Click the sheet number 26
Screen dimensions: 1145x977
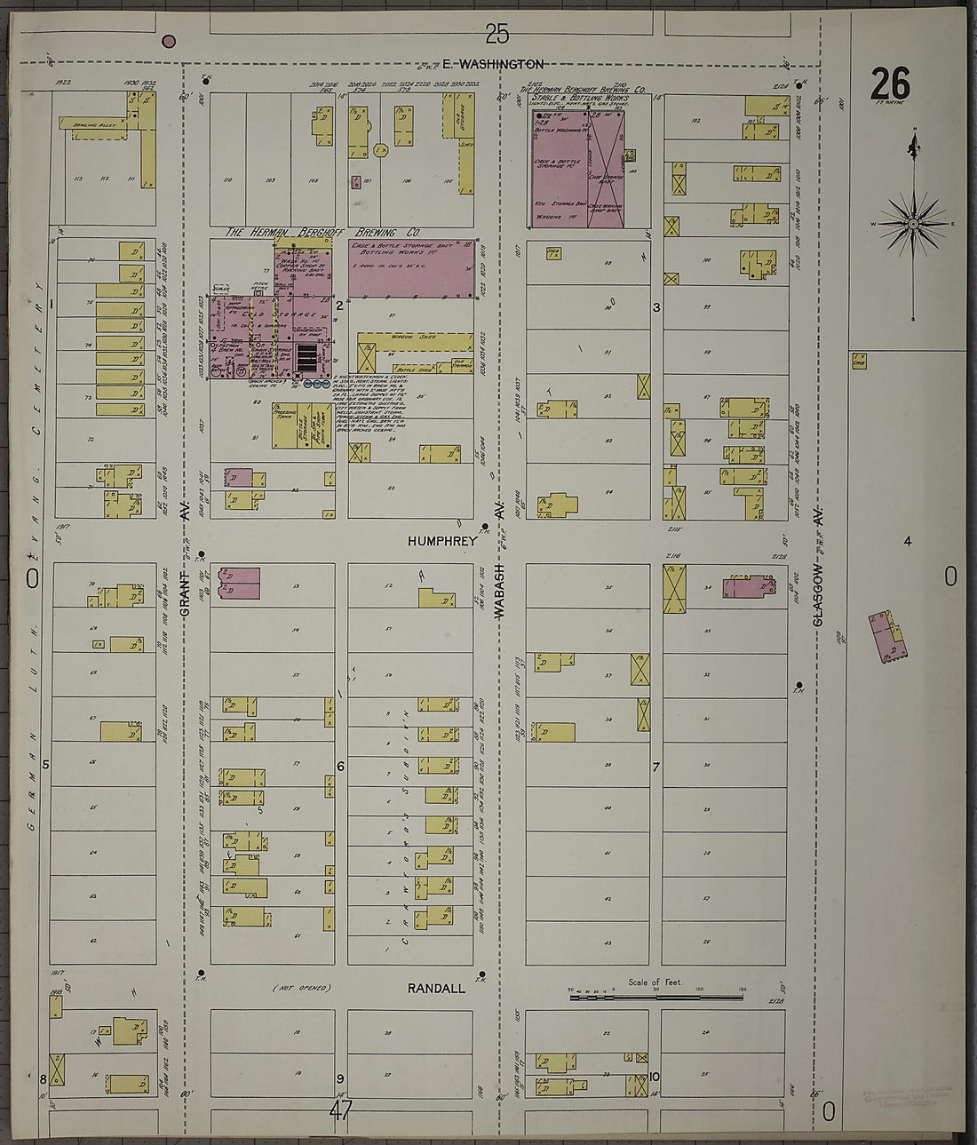click(890, 85)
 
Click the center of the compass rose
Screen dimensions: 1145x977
click(913, 223)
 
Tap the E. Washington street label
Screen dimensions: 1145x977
click(493, 64)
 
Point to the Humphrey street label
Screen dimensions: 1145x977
click(442, 540)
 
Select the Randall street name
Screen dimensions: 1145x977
click(436, 988)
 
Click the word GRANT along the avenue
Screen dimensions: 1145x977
click(186, 596)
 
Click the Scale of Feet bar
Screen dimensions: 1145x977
click(656, 997)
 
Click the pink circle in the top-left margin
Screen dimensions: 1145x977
click(169, 41)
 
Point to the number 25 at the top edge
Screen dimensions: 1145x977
click(496, 34)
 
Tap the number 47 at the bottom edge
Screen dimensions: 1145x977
click(341, 1110)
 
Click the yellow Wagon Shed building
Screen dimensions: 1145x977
click(415, 340)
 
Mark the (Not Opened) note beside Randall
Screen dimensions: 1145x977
click(300, 988)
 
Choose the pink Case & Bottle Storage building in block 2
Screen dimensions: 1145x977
click(411, 267)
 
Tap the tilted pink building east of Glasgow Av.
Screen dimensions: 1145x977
click(887, 636)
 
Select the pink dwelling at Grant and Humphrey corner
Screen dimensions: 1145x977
click(240, 583)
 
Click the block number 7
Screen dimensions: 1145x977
click(656, 766)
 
